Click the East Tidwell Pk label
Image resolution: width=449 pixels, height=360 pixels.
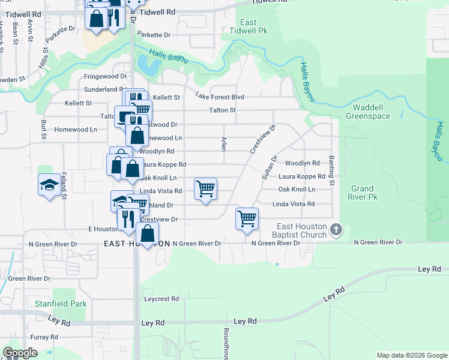pyautogui.click(x=249, y=26)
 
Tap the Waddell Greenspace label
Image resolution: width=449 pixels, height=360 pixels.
pyautogui.click(x=368, y=112)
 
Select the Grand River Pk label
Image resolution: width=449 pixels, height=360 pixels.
pyautogui.click(x=364, y=192)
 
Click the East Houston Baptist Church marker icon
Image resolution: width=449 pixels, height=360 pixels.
pyautogui.click(x=337, y=229)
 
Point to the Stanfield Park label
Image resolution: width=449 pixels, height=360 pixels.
pyautogui.click(x=60, y=304)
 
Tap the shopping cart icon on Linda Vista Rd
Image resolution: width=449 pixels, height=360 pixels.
pyautogui.click(x=205, y=189)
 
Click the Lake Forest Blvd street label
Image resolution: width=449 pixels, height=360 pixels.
pyautogui.click(x=220, y=96)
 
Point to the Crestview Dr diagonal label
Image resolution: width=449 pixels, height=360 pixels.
pyautogui.click(x=262, y=139)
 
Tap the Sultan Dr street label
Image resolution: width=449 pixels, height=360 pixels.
pyautogui.click(x=269, y=167)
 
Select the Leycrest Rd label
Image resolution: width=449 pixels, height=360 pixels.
pyautogui.click(x=161, y=298)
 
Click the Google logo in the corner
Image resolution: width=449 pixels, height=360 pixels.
pyautogui.click(x=20, y=352)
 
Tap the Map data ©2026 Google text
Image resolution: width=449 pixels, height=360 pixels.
pyautogui.click(x=411, y=355)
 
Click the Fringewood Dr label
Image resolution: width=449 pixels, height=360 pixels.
pyautogui.click(x=105, y=77)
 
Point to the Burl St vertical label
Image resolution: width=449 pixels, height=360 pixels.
pyautogui.click(x=43, y=127)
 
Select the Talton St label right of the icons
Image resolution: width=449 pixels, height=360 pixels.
pyautogui.click(x=223, y=110)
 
